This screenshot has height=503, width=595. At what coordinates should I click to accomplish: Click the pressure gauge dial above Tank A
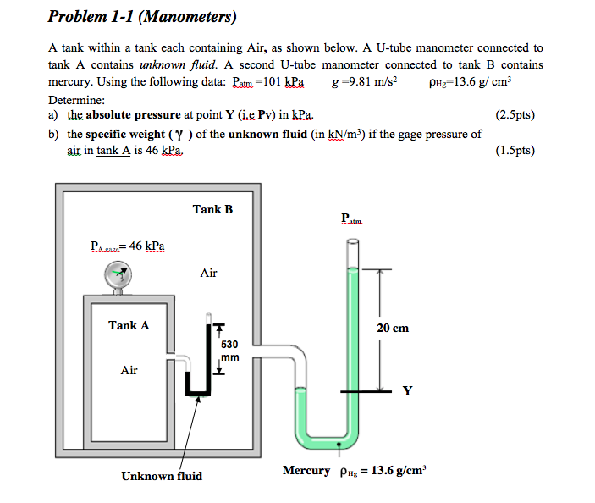[118, 274]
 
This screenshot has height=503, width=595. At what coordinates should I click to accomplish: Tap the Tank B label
[212, 209]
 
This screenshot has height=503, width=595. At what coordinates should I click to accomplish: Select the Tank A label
[129, 325]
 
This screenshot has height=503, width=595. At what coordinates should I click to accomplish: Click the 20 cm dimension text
[393, 328]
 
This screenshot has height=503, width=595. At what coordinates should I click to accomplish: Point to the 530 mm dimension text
[229, 351]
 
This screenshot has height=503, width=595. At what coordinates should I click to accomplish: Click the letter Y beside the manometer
[408, 391]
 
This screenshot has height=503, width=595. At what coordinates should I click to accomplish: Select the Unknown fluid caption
[162, 476]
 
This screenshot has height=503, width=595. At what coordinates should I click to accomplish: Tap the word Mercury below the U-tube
[306, 470]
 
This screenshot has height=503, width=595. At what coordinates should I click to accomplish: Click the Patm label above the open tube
[351, 219]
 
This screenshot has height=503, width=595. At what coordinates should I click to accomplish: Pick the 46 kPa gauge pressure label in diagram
[129, 246]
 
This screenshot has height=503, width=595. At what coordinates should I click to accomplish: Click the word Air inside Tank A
[129, 370]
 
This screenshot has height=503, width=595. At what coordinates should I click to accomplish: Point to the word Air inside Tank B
[208, 273]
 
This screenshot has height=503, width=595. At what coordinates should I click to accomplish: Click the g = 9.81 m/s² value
[366, 82]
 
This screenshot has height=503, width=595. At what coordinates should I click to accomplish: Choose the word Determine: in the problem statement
[77, 99]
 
